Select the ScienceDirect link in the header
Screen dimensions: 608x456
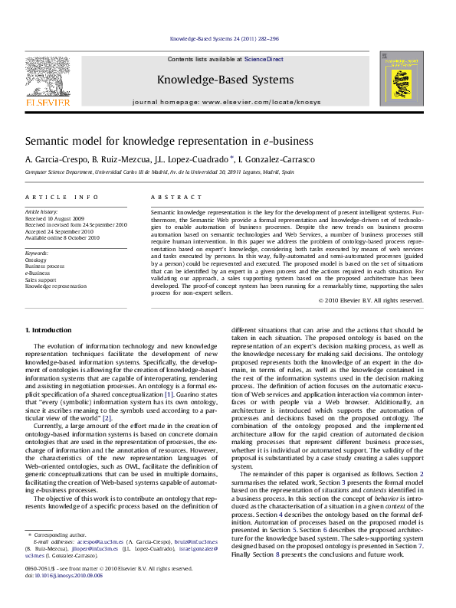point(264,59)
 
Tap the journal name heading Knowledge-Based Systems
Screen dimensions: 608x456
point(225,80)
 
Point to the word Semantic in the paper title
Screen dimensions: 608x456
point(48,141)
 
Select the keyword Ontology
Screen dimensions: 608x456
point(36,260)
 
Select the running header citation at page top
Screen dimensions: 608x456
point(225,38)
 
